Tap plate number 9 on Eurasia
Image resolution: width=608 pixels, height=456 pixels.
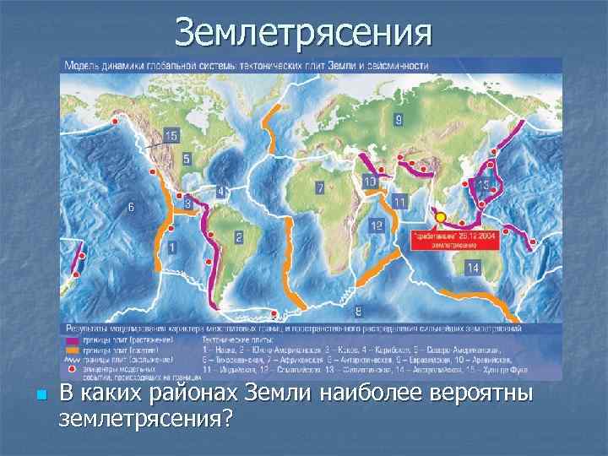click(x=399, y=120)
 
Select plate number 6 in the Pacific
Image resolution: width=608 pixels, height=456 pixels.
click(x=130, y=207)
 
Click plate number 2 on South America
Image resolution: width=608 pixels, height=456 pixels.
click(x=239, y=237)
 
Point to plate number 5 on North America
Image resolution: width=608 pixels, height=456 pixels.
click(x=187, y=158)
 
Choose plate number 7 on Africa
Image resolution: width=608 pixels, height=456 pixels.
click(x=320, y=189)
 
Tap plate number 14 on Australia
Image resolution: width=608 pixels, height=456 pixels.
click(x=471, y=268)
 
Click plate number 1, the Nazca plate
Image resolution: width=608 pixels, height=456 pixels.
click(x=172, y=247)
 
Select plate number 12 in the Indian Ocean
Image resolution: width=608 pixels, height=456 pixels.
click(x=377, y=225)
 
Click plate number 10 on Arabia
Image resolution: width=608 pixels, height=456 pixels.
click(x=369, y=181)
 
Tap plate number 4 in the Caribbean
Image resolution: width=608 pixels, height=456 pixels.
click(x=220, y=192)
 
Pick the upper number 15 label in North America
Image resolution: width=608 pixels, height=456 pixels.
click(x=171, y=136)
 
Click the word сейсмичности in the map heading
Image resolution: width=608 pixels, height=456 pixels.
click(x=399, y=65)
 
